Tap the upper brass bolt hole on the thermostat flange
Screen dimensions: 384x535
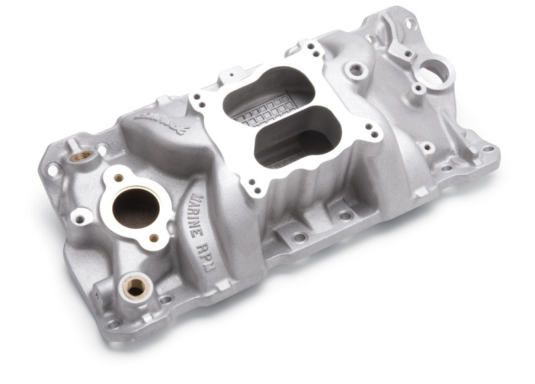click(x=118, y=178)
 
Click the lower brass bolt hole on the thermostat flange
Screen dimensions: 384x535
click(x=154, y=237)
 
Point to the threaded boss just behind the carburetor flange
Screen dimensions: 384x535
click(x=355, y=68)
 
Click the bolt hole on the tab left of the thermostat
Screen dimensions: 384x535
click(x=82, y=216)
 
